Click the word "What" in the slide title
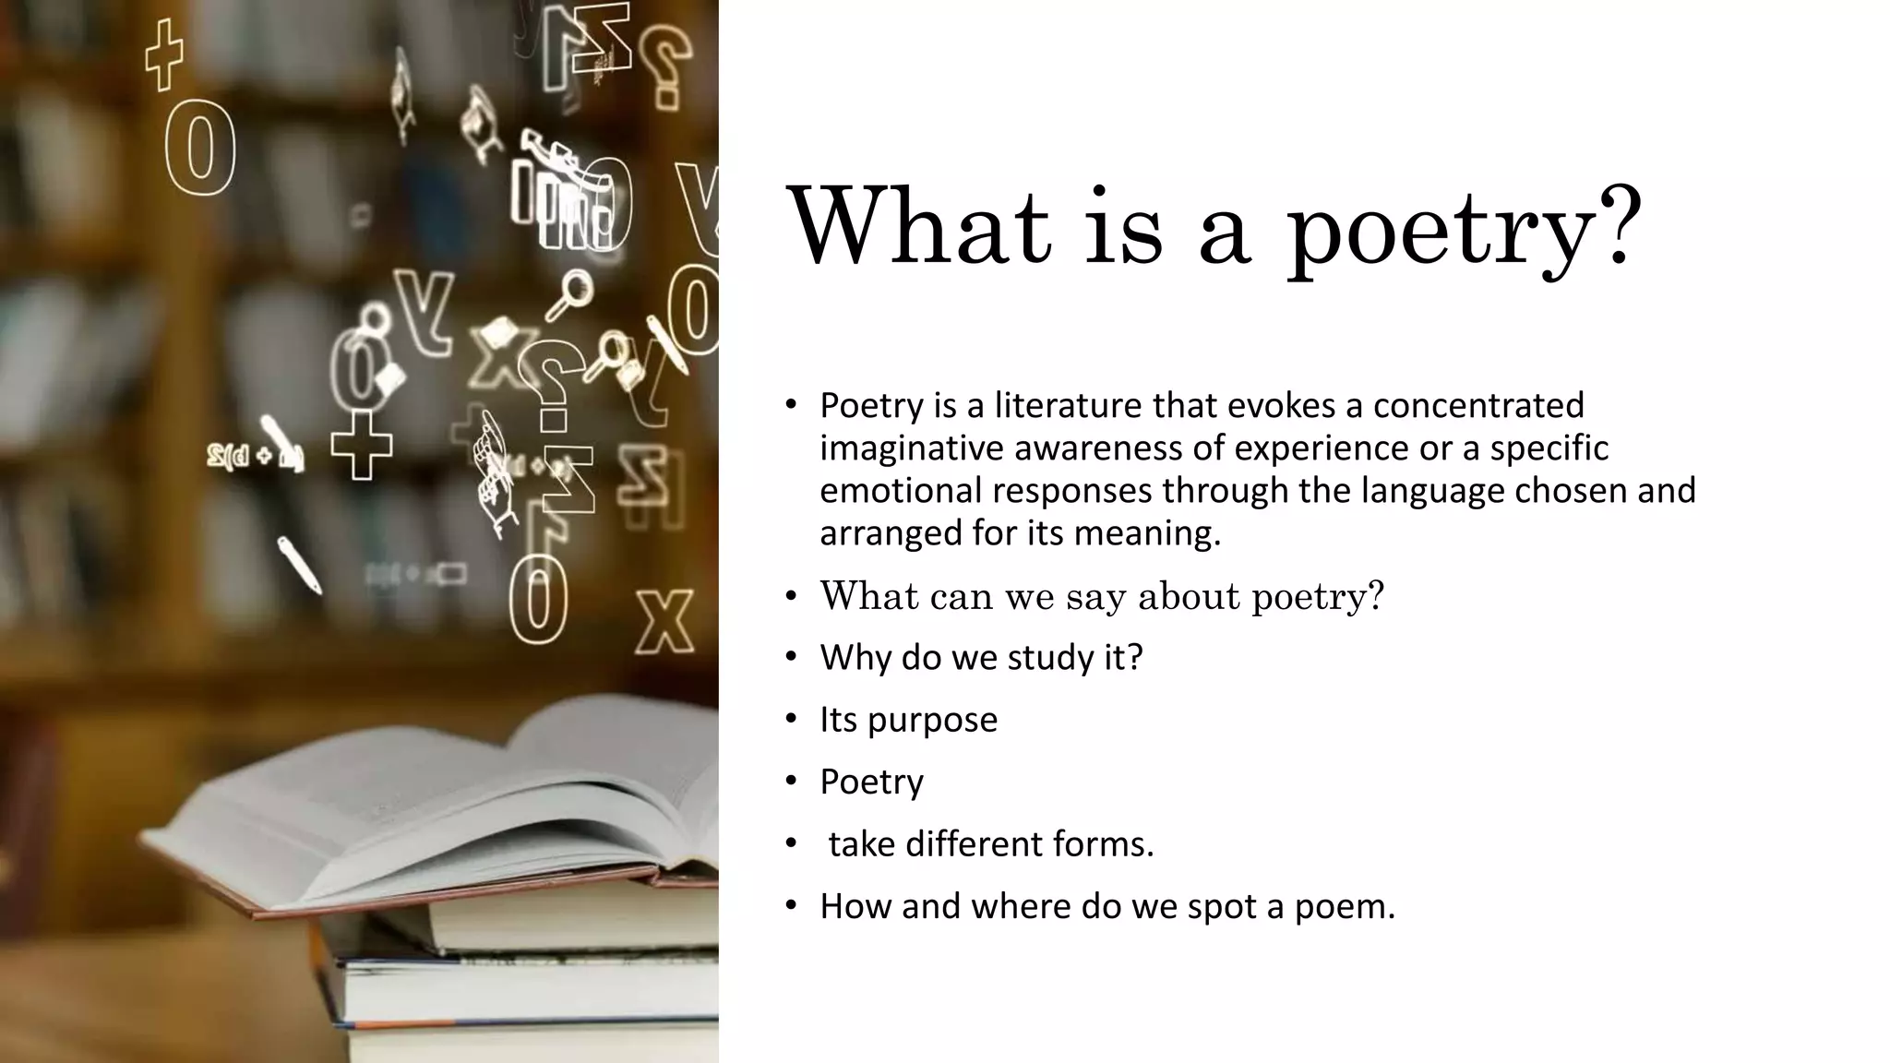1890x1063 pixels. point(919,226)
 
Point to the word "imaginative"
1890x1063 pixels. point(911,448)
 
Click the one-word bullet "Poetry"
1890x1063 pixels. point(871,782)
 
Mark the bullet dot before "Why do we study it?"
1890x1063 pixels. point(791,657)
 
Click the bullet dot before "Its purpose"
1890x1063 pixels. point(791,719)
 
